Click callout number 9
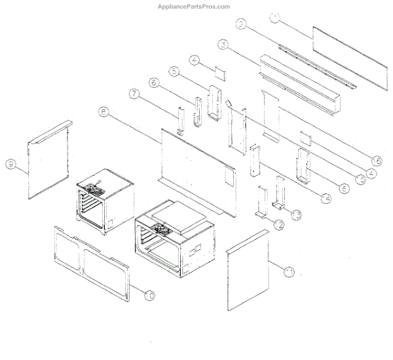coord(10,164)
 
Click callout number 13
coord(296,214)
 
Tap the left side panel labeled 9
coord(49,161)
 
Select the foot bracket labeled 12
coord(263,201)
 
